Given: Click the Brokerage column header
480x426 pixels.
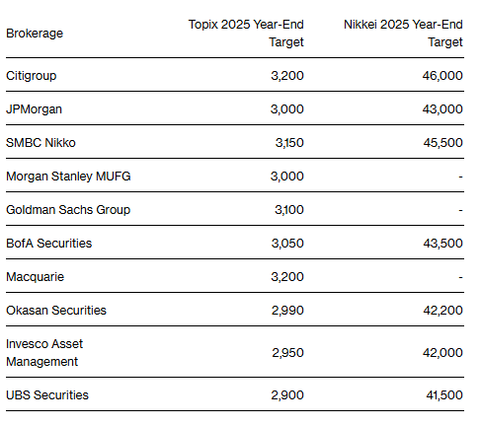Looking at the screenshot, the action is (35, 34).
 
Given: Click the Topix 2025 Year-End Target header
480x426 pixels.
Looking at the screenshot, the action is (246, 34).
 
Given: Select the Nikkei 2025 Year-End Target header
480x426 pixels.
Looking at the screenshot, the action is (403, 34).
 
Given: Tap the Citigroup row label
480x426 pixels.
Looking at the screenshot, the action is (32, 76).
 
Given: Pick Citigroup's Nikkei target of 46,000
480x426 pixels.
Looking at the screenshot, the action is (442, 76).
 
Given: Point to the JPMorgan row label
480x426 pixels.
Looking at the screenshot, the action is (34, 109).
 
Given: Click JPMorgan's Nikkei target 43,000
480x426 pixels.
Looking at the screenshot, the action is (442, 109).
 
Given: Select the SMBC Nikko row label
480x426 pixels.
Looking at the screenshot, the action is (40, 143).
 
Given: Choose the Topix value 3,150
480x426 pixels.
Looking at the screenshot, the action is (289, 143).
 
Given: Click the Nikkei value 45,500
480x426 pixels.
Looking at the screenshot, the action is (443, 143).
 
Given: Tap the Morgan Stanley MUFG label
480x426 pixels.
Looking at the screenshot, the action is (68, 177).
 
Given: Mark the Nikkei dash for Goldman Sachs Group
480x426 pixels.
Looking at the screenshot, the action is (461, 210).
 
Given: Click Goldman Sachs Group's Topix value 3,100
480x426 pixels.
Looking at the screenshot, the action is (289, 210).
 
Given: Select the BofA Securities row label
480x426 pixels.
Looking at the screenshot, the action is (49, 244).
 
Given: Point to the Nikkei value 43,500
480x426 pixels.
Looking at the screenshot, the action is (443, 244).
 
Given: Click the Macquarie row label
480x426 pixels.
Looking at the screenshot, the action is (36, 277).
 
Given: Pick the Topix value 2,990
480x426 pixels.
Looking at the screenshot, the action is (287, 311).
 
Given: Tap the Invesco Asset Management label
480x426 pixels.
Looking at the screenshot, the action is (44, 353).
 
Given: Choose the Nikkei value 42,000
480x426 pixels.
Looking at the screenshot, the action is (443, 353).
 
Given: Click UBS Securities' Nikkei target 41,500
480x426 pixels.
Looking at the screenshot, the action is (444, 395).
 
